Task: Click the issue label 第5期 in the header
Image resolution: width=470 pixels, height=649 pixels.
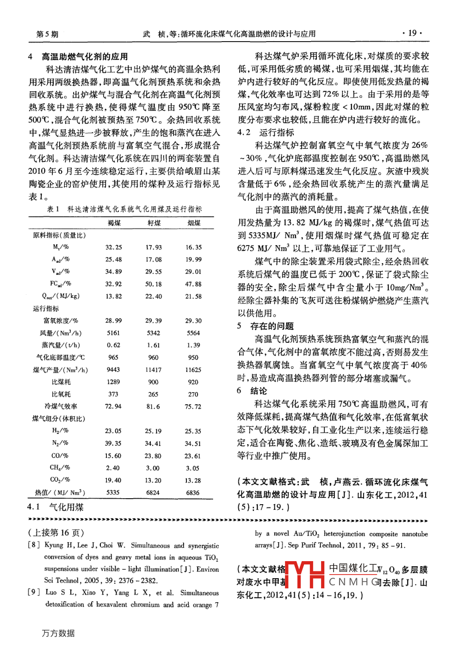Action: tap(47, 34)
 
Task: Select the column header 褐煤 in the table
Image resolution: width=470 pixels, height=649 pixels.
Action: tap(114, 223)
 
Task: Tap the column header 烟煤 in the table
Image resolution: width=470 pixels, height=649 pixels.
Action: tap(194, 223)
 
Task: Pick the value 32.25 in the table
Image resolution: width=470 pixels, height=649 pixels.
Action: tap(113, 247)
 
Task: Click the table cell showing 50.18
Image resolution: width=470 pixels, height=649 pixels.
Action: tap(154, 284)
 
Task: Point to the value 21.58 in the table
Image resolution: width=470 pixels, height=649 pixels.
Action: tap(193, 296)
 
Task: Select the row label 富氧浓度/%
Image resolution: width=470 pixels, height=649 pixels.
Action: tap(61, 321)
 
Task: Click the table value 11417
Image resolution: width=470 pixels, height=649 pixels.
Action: tap(154, 370)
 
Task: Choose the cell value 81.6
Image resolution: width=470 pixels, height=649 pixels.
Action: tap(153, 406)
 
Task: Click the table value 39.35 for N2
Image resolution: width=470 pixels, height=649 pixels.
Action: tap(113, 443)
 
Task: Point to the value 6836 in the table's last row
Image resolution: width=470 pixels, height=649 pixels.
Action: tap(193, 493)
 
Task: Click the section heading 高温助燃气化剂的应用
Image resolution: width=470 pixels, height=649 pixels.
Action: tap(85, 56)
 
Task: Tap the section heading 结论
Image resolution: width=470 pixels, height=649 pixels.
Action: tap(259, 390)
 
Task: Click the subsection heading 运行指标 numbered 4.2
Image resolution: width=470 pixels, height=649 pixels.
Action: tap(276, 132)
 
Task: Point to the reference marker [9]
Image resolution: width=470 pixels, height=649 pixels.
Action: tap(33, 592)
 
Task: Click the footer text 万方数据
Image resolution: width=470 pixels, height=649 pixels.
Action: tap(58, 633)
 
